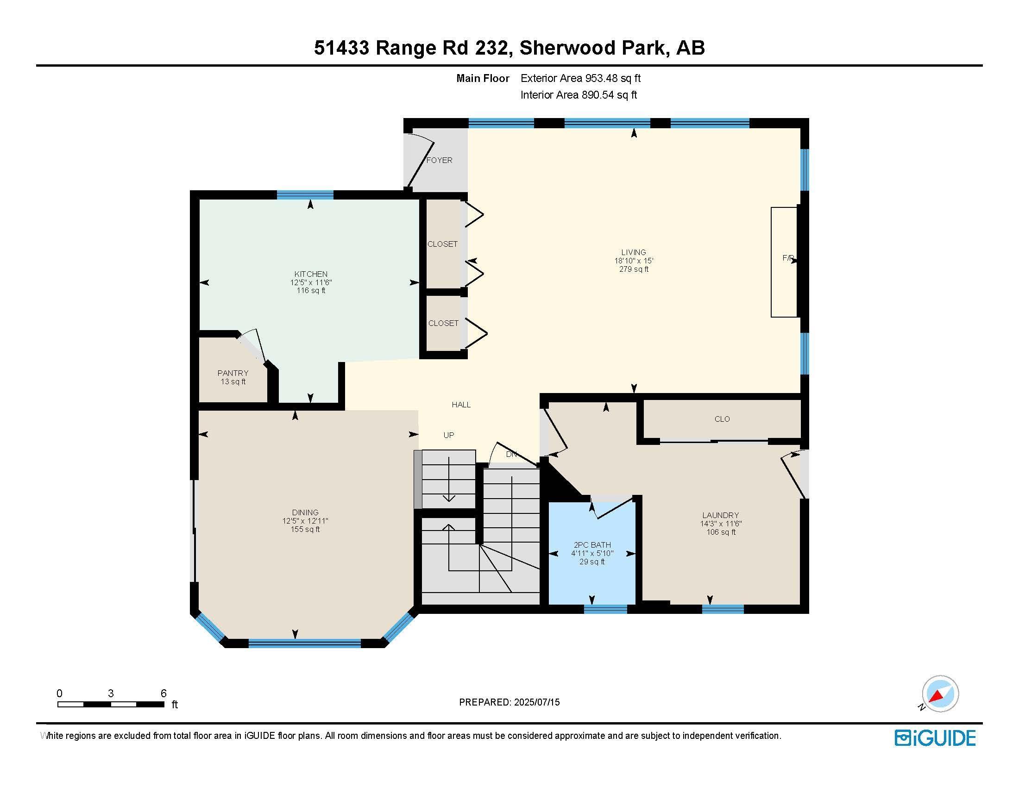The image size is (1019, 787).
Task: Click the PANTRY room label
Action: (x=233, y=373)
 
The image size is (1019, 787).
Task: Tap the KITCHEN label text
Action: (x=311, y=274)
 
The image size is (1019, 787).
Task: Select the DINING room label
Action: (x=305, y=512)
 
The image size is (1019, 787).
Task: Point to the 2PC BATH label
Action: (x=592, y=545)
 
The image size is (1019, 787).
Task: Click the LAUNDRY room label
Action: (x=721, y=515)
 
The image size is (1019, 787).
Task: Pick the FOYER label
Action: (x=440, y=160)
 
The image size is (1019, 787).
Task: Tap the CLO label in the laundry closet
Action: (x=722, y=419)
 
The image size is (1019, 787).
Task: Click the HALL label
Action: (x=461, y=405)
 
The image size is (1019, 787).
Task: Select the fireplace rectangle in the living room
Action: (x=784, y=262)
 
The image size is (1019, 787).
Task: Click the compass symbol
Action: (x=940, y=693)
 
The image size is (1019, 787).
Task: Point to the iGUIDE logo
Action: (x=936, y=738)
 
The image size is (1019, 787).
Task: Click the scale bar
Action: (x=111, y=705)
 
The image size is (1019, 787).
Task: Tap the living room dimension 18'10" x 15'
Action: (x=634, y=261)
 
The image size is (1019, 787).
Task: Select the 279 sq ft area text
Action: (x=634, y=269)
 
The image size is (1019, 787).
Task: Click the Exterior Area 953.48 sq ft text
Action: (x=581, y=78)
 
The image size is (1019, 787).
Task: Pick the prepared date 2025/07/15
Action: (x=536, y=702)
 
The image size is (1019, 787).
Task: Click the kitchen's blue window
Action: (x=305, y=195)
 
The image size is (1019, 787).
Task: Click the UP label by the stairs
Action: (x=449, y=436)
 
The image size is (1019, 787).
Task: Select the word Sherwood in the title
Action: (x=566, y=48)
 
